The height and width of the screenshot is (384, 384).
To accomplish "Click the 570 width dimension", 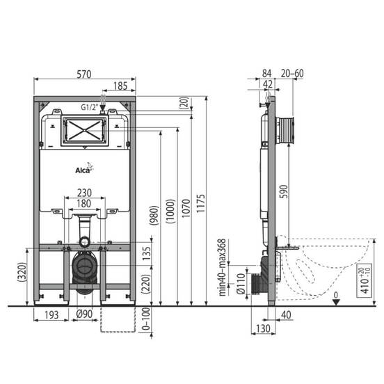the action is [84, 74].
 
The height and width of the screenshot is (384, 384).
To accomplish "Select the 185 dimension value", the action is [120, 86].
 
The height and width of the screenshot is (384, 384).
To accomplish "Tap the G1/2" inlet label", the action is [90, 107].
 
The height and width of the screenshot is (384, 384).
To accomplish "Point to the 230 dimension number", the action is [84, 193].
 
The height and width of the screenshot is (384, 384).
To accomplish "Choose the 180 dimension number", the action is [84, 204].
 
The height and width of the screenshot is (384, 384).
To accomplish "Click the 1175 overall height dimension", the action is [200, 204].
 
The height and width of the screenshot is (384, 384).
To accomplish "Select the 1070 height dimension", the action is [186, 208].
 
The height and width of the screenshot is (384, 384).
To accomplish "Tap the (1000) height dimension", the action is [170, 211].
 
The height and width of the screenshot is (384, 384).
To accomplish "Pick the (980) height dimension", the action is [154, 215].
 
